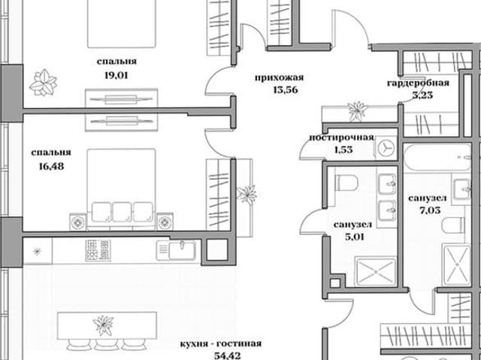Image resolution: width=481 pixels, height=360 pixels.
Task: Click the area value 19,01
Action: [116, 75]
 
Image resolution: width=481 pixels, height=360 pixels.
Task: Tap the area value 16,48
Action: [51, 166]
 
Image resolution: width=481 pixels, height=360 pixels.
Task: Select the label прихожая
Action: [279, 77]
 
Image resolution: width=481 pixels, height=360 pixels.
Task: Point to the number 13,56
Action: [286, 90]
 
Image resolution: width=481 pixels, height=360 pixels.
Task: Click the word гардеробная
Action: [418, 83]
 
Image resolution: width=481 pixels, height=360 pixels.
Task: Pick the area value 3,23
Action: [422, 95]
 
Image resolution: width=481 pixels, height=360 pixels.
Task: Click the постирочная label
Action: [341, 138]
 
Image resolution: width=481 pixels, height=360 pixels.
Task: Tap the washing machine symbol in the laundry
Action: [386, 148]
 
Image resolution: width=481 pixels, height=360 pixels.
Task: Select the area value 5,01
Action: [354, 237]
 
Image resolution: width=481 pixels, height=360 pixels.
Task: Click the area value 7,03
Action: [430, 210]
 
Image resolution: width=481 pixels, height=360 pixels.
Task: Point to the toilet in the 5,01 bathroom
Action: [346, 183]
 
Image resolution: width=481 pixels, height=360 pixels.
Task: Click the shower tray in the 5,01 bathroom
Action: [376, 272]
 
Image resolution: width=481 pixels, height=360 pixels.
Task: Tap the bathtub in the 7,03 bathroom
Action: [437, 157]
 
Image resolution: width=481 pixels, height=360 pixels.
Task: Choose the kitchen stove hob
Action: [98, 250]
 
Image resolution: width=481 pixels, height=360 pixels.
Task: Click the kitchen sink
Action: [176, 250]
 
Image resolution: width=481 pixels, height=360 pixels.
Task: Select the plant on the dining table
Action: [104, 325]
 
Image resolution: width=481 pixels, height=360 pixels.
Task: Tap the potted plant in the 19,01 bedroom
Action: [43, 82]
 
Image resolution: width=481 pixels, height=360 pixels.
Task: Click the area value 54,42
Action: [227, 356]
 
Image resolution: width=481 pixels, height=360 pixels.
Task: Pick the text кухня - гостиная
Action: [221, 343]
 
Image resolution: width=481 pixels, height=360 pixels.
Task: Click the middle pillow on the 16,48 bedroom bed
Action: [122, 212]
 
